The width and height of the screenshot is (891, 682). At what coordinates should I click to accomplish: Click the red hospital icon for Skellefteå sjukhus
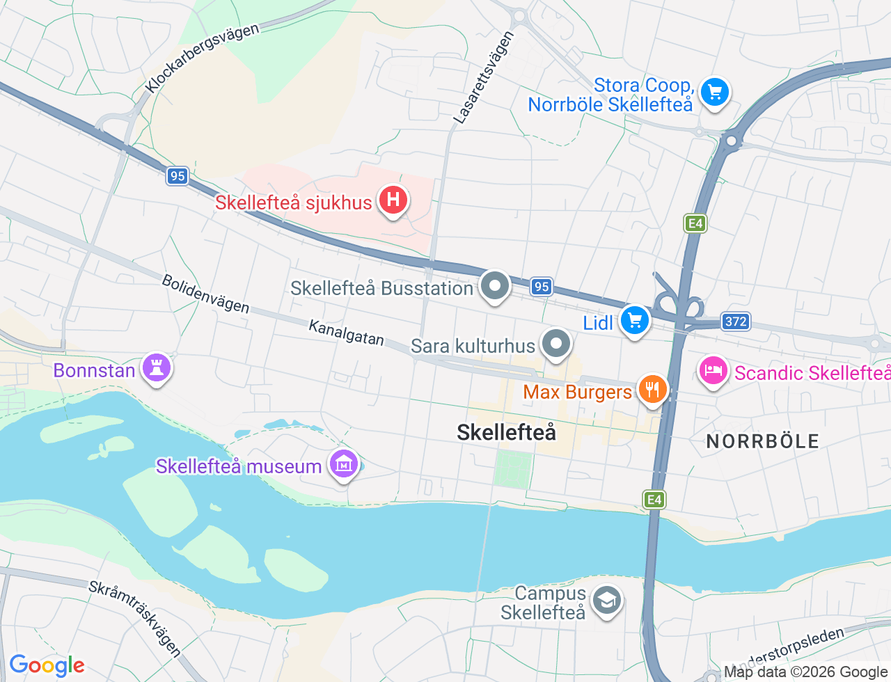pos(393,200)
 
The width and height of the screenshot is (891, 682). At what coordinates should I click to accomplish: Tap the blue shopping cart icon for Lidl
pos(634,320)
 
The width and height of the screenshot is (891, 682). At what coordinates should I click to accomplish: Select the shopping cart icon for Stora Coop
pos(714,92)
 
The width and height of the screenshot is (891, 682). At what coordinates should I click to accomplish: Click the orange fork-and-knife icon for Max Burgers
pos(652,389)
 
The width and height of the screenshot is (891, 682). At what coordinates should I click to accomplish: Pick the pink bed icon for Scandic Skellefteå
pos(713,371)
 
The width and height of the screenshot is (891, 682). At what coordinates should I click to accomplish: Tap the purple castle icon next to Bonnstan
pos(157,367)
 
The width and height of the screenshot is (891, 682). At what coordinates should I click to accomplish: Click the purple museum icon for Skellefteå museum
pos(344,463)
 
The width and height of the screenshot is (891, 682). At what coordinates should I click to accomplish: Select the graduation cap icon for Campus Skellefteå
pos(607,600)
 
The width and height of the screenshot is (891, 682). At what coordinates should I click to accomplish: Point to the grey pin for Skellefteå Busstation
pos(496,285)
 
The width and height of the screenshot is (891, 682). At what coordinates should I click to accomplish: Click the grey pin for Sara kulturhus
pos(556,343)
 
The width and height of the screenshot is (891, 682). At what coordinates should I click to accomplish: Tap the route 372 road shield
pos(736,321)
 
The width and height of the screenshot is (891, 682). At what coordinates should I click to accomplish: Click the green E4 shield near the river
pos(654,499)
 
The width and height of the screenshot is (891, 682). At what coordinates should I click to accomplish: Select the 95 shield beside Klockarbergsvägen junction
pos(178,175)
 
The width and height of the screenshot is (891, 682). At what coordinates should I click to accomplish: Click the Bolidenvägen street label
pos(205,293)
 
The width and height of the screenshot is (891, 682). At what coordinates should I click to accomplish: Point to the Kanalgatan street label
pos(346,333)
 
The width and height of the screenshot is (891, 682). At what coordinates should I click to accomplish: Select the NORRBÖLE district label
pos(762,441)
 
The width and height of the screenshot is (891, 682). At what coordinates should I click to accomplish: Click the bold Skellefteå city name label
pos(506,432)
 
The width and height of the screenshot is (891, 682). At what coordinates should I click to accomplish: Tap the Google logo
pos(47,665)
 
